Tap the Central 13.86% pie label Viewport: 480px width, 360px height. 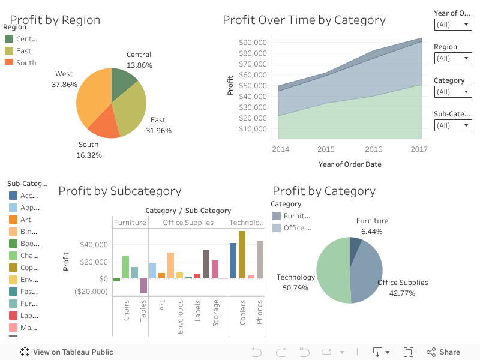click(139, 60)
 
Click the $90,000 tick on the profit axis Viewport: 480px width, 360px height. click(253, 43)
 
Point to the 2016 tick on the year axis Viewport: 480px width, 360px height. click(373, 149)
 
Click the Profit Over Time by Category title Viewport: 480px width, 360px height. click(304, 20)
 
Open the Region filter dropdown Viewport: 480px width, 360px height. click(453, 58)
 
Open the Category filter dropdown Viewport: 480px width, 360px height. click(453, 92)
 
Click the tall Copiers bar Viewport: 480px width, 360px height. click(242, 254)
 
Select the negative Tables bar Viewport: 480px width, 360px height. click(143, 286)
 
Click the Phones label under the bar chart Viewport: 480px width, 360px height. click(260, 312)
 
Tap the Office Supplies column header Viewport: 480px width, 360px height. click(188, 223)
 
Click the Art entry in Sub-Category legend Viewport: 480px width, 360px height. click(25, 220)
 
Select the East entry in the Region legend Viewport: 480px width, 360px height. click(24, 51)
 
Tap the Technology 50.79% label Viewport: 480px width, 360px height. click(296, 283)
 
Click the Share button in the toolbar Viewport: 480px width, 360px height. click(443, 352)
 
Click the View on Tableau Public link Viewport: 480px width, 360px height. click(67, 352)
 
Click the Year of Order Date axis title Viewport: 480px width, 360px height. click(349, 164)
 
